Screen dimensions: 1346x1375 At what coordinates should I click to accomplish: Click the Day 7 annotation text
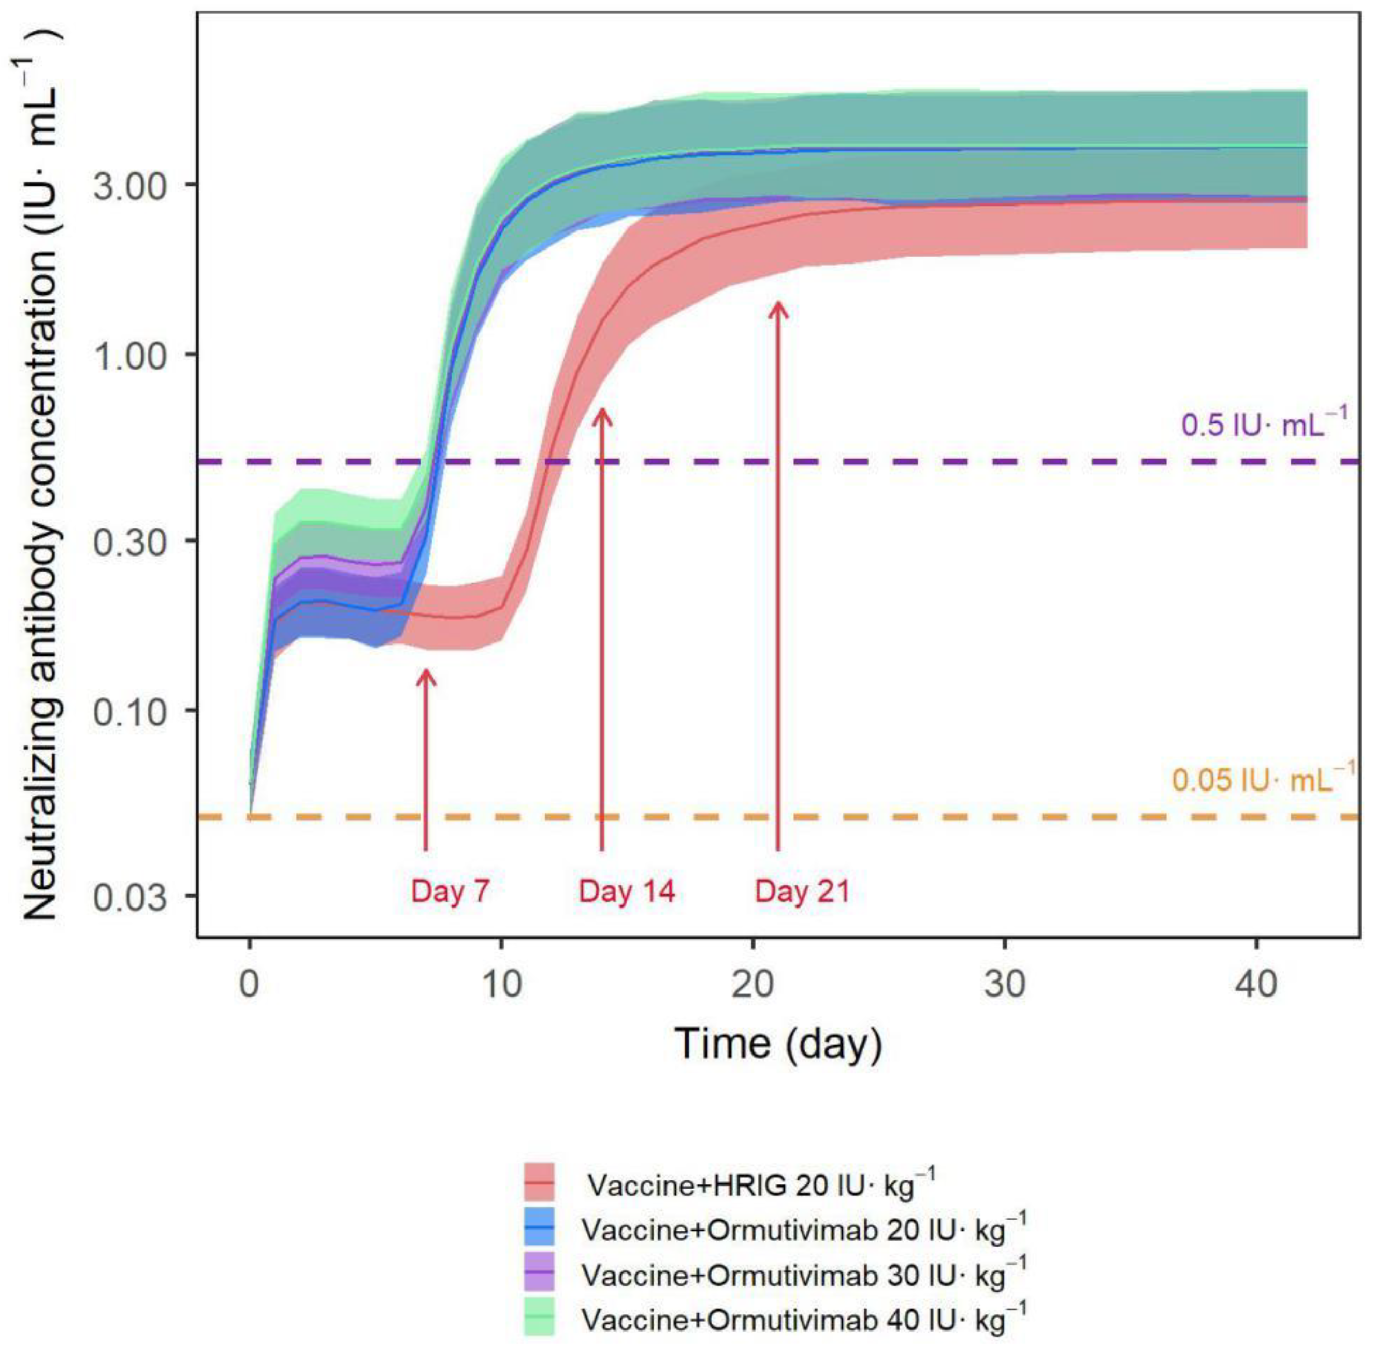(x=450, y=891)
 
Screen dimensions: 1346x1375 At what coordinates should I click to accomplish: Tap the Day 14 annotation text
(x=627, y=891)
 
